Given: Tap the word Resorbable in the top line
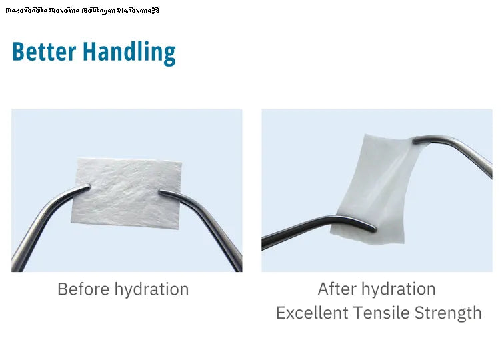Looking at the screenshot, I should pos(25,11).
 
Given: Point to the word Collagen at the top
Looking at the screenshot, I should pos(98,11).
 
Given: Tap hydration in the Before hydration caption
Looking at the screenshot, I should pos(151,289).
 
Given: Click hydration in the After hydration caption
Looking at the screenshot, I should pos(399,289).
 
